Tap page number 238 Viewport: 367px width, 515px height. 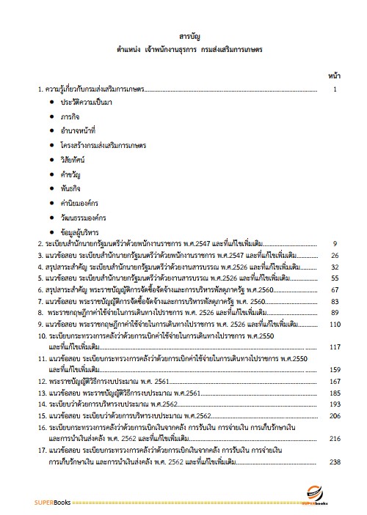click(335, 462)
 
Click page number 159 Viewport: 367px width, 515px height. click(335, 369)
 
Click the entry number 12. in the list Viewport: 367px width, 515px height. click(43, 382)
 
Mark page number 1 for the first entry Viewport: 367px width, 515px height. click(335, 89)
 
